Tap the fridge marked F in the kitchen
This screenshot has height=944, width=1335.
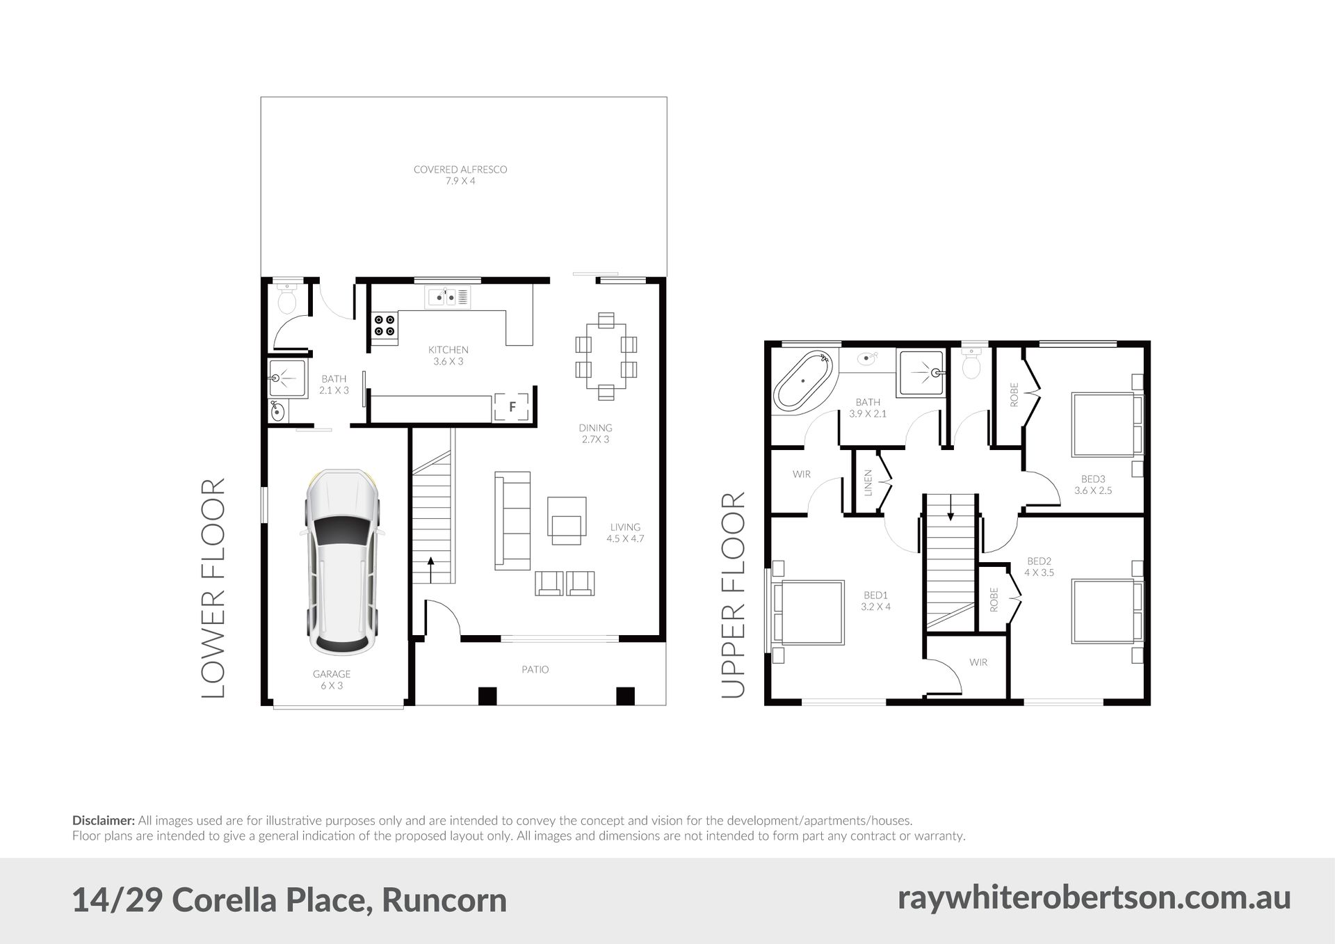pos(512,407)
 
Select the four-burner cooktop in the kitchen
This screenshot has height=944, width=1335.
pos(385,326)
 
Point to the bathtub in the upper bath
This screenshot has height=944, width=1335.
pos(804,381)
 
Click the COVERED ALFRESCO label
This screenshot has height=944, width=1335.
pos(460,169)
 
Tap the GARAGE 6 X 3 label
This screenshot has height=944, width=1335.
pos(332,680)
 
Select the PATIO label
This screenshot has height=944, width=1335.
pos(535,669)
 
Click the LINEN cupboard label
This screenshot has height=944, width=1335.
pos(868,483)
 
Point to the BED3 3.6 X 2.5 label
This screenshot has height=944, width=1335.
pos(1093,484)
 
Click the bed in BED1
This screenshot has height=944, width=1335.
pos(811,612)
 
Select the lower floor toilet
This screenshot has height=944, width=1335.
pos(286,297)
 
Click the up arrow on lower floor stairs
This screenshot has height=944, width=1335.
pos(431,570)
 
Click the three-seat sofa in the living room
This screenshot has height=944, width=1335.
pos(512,520)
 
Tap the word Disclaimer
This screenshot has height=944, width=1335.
pos(104,821)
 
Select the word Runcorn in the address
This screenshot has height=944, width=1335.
pos(444,900)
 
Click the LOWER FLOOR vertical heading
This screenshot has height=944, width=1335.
pos(213,588)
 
